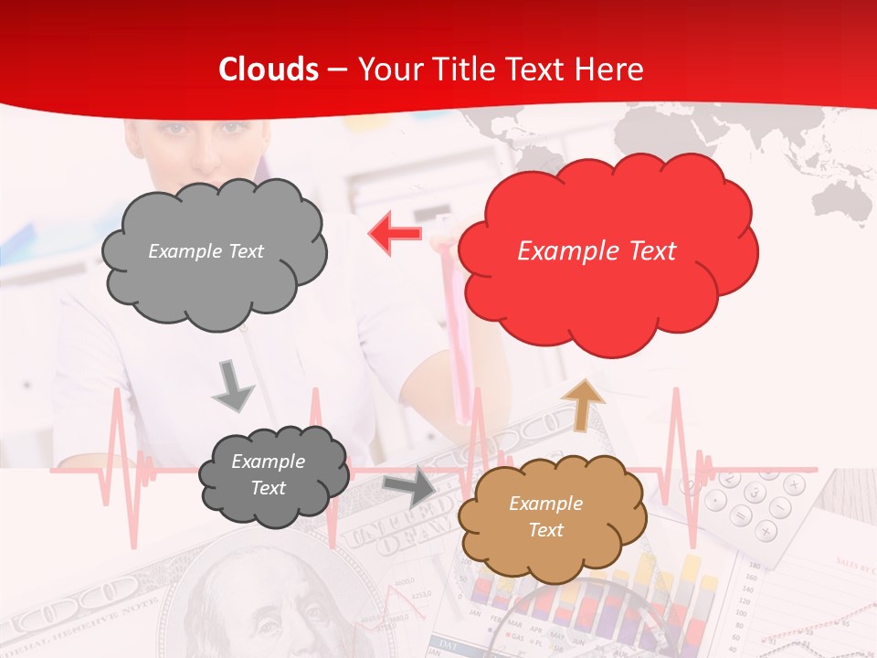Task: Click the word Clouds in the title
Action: (x=269, y=69)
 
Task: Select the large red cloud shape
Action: (x=608, y=292)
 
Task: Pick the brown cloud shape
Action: (x=548, y=557)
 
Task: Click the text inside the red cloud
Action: (x=597, y=251)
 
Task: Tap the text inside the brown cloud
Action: (x=545, y=516)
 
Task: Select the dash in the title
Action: (x=337, y=69)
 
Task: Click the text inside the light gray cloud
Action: (x=206, y=251)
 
